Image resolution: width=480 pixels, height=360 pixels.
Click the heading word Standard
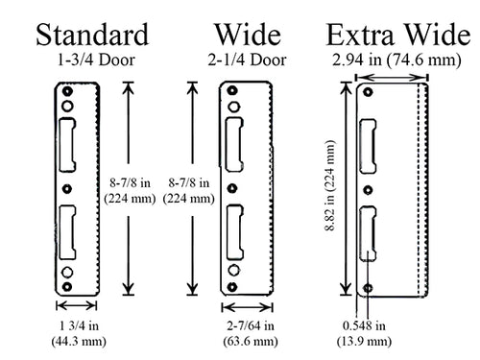[x=93, y=36]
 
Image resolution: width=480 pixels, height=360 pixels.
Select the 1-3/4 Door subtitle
[x=92, y=60]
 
